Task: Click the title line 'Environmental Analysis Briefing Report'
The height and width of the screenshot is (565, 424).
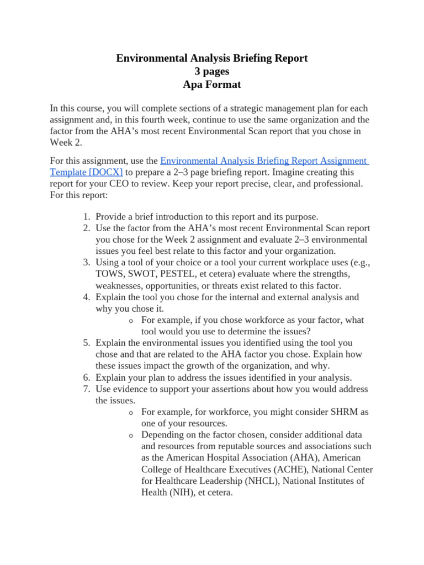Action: tap(211, 58)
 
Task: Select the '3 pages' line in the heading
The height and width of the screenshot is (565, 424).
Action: tap(211, 71)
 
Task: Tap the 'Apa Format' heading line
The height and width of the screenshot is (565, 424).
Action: tap(211, 85)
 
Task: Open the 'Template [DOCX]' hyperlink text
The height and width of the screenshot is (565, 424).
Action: tap(86, 172)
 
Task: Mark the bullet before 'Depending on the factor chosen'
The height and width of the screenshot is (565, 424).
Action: tap(130, 435)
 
